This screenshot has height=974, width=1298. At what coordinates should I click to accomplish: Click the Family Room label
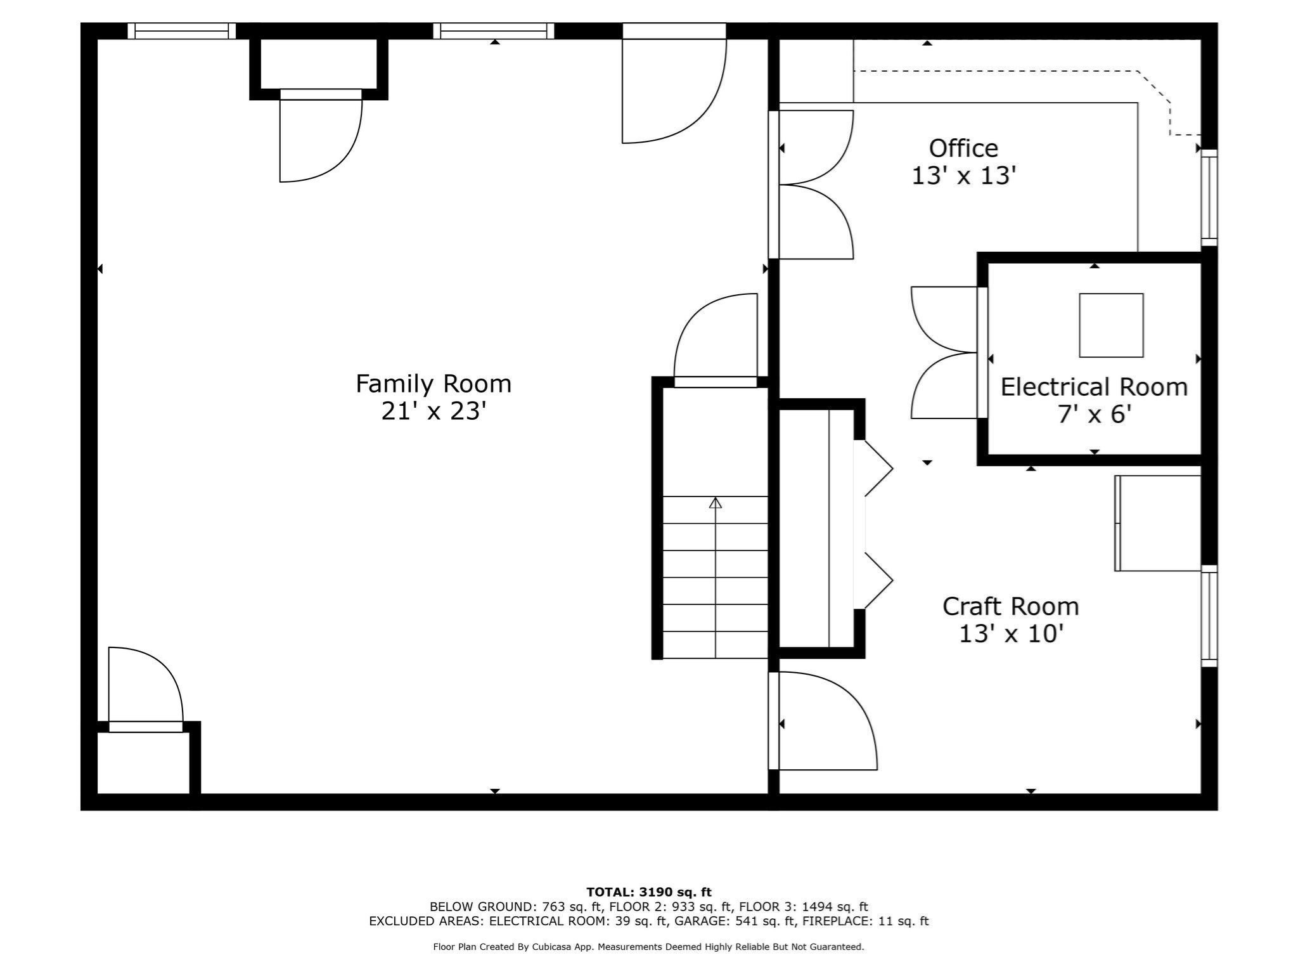tap(433, 384)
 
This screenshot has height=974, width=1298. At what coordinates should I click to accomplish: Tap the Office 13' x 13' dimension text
tap(963, 176)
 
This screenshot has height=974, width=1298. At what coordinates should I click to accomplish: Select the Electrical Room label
tap(1094, 387)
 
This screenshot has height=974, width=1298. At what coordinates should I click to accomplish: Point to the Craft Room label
tap(1010, 606)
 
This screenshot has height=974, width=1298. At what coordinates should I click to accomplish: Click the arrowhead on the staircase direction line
tap(716, 503)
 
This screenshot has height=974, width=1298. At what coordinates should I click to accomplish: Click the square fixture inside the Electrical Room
tap(1111, 325)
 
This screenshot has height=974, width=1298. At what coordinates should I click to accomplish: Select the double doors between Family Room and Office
tap(814, 185)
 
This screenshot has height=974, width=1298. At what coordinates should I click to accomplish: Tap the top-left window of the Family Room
tap(181, 31)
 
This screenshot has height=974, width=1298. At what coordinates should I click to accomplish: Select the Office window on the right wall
tap(1209, 198)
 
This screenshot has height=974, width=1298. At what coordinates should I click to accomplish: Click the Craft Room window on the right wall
tap(1209, 616)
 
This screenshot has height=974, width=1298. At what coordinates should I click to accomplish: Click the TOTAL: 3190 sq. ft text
tap(648, 892)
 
